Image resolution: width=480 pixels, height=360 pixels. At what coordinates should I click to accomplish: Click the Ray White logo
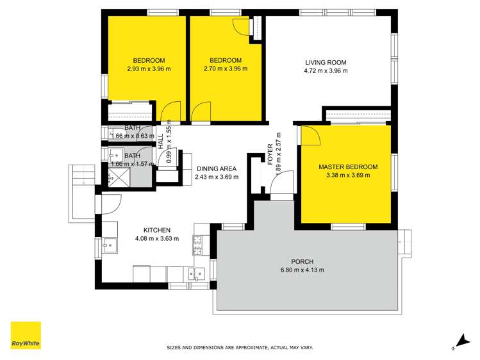[26, 335]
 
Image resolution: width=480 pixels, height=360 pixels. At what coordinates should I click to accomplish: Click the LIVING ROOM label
[326, 63]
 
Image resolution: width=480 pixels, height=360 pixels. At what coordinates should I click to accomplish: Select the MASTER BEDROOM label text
[348, 167]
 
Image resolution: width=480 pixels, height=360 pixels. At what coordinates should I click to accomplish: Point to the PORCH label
[302, 261]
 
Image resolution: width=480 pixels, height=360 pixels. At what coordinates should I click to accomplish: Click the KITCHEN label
[156, 230]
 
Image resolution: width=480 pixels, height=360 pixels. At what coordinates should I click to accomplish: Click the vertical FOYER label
[271, 154]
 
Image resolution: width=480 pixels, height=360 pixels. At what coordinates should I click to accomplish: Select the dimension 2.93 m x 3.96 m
[149, 69]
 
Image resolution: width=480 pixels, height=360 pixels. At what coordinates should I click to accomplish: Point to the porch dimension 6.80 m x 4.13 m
[302, 270]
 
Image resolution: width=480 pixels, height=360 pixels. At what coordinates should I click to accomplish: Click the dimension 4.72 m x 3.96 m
[326, 71]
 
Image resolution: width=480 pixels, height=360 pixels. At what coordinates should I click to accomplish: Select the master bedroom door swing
[310, 136]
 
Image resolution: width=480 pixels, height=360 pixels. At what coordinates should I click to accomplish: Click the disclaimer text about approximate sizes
[240, 348]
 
